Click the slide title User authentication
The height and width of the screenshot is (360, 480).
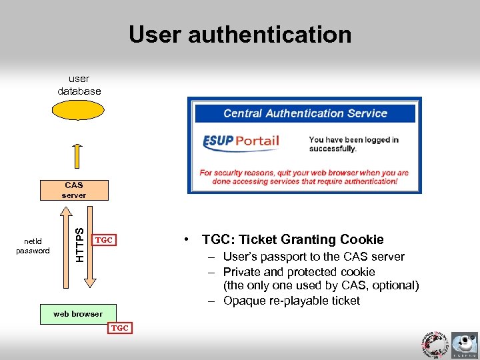point(240,35)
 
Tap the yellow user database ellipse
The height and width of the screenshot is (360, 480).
point(79,110)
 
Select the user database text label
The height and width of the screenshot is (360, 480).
point(79,85)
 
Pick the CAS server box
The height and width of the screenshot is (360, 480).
point(74,190)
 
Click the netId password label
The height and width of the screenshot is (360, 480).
point(33,246)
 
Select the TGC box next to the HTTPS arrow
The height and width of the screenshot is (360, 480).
point(103,239)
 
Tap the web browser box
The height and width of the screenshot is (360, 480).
point(78,314)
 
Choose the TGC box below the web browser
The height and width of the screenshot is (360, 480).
point(119,328)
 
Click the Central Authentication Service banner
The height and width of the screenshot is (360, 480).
point(305,113)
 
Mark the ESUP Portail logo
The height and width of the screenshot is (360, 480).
point(241,142)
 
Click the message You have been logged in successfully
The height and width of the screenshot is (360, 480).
point(353,144)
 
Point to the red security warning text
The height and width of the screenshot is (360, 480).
point(304,177)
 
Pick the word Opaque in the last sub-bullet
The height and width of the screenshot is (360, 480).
point(245,301)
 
